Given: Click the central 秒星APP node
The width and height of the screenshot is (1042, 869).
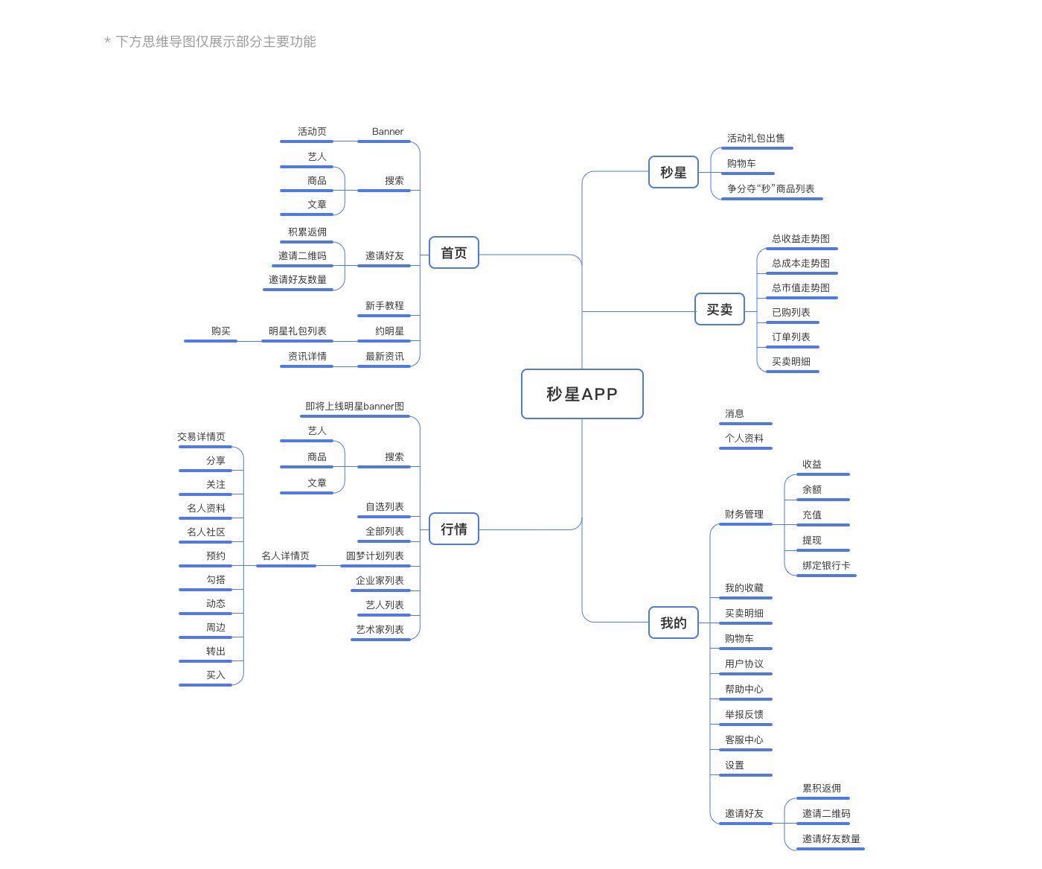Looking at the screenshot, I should pos(582,394).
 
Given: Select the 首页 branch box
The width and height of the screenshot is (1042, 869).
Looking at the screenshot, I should pos(454,253).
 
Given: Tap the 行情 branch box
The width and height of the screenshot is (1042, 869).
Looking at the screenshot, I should pos(454,529).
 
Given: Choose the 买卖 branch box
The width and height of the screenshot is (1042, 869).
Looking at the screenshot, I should pos(720,310).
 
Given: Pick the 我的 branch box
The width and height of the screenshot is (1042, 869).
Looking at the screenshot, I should pos(674,623).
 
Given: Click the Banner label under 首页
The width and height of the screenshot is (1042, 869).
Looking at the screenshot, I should pos(388,132).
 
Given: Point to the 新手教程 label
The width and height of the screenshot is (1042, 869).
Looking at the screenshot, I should pos(385,306).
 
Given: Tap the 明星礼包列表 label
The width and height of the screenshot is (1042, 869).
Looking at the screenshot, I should pos(298,331).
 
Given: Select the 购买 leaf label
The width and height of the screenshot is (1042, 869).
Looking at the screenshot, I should pos(221,331).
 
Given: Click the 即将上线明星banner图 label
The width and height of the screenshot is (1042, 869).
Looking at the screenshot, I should pos(355,407).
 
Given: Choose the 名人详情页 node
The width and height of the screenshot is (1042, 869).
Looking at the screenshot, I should pos(286,556).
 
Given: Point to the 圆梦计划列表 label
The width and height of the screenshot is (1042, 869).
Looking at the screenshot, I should pos(375,556).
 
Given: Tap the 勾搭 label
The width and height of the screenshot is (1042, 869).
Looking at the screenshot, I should pos(216,580).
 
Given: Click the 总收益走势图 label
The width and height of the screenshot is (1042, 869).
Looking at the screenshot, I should pos(801,239).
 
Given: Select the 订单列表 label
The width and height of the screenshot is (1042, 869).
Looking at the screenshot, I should pos(791,337).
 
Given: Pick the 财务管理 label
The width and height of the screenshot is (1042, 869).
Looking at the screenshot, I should pos(744,515).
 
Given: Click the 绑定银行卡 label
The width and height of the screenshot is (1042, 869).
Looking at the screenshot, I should pos(826,566).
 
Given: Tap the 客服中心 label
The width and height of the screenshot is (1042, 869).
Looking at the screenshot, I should pos(744,740).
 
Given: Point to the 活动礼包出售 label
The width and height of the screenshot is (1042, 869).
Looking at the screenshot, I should pos(756,139).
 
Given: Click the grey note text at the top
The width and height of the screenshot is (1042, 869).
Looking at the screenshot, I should pos(211,42).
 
